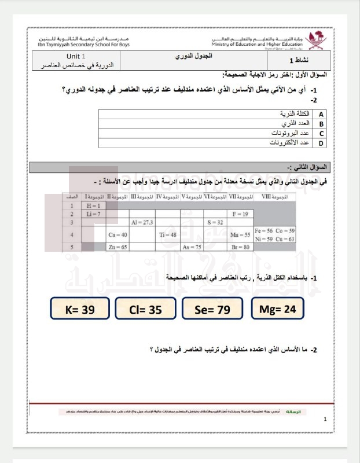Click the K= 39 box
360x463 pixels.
pos(80,310)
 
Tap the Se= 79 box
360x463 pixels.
pos(212,310)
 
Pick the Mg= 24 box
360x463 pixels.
pos(277,309)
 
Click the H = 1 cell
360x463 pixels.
pos(93,205)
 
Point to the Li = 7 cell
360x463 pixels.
pos(93,214)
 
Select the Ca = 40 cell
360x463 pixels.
pos(117,234)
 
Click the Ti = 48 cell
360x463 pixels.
pos(167,234)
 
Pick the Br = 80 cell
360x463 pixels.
pos(240,247)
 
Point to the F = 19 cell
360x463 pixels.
pos(240,214)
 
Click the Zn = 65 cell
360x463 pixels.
pos(117,247)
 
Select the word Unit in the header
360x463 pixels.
pos(72,56)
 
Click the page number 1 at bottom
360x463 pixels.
pos(325,420)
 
